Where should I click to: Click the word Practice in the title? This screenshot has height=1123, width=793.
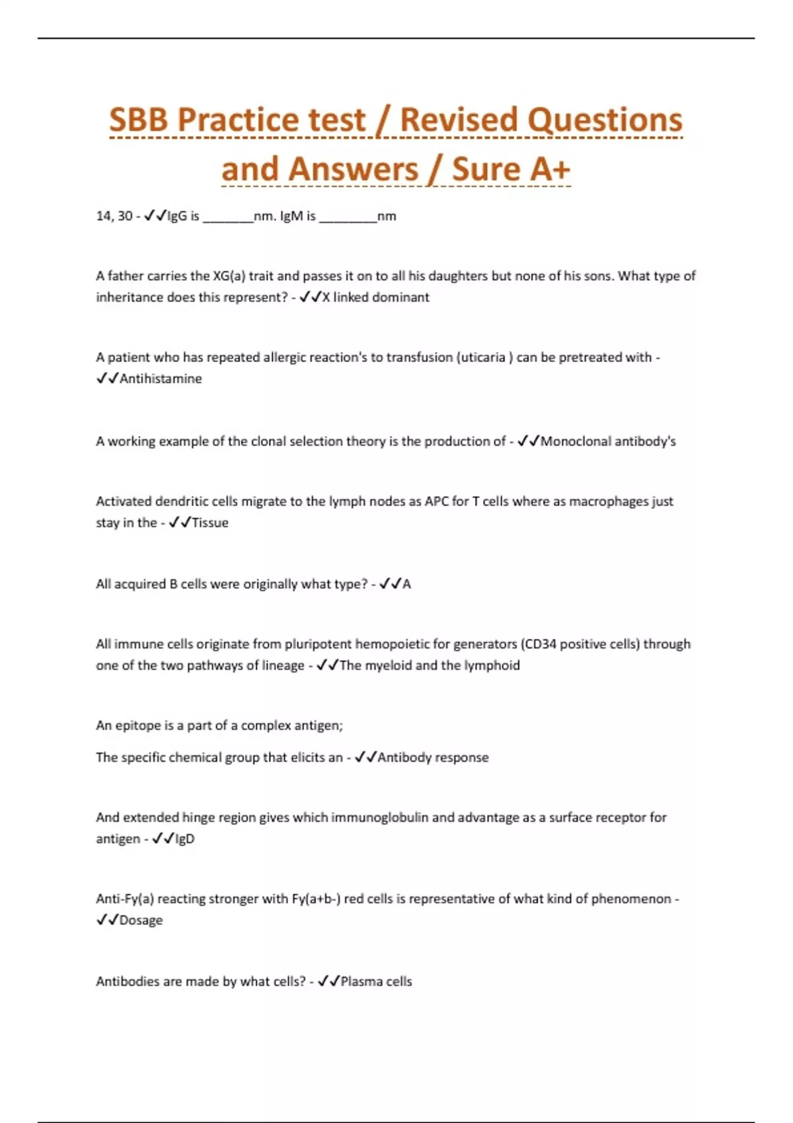271,120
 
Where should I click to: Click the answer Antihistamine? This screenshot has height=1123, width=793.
161,379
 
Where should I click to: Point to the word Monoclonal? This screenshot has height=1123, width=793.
575,441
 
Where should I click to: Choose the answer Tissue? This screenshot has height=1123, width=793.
209,523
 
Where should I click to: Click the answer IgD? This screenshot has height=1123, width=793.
184,839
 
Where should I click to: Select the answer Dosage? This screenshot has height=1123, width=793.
141,920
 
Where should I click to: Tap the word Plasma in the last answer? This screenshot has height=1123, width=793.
361,982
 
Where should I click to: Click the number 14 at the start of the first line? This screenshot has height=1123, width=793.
104,216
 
